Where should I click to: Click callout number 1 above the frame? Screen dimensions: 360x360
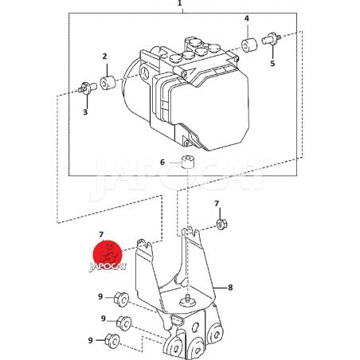tap(180, 3)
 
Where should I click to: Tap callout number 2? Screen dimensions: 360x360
tap(104, 57)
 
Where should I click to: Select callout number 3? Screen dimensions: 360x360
tap(85, 112)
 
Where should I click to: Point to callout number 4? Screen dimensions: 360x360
tap(247, 18)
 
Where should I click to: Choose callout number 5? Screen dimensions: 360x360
tap(272, 64)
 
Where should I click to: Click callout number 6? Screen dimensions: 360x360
tap(162, 162)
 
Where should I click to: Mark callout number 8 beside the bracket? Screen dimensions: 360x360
tap(230, 288)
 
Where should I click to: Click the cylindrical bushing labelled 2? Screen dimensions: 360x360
tap(108, 83)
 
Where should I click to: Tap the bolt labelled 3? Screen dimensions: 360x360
tap(88, 88)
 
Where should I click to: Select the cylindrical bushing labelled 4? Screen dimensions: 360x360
tap(249, 45)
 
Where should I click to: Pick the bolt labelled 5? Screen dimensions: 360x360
tap(272, 39)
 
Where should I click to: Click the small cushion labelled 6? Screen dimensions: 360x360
tap(188, 162)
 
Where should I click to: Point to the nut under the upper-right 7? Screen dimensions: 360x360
tap(221, 224)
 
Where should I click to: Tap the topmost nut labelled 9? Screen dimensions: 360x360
tap(121, 299)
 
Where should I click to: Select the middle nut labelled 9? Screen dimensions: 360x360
tap(124, 323)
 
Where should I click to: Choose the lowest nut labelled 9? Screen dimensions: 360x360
tap(112, 341)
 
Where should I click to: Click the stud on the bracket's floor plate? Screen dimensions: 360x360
tap(188, 299)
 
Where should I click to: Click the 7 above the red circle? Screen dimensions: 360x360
tap(101, 235)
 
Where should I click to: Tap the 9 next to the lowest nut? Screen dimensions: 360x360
tap(91, 340)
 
